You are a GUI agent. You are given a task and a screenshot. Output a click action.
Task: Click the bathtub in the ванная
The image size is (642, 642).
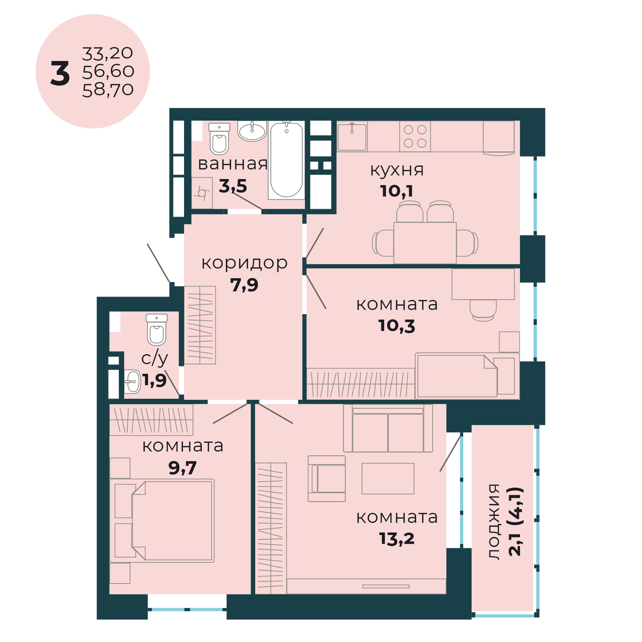287,160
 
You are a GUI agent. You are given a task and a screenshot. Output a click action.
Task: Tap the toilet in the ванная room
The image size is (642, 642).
219,139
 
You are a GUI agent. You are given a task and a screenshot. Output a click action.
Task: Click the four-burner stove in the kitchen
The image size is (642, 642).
415,136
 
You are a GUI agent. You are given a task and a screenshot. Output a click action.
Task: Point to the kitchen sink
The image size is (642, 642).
352,136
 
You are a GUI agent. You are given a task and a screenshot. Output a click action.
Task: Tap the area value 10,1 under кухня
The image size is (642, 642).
396,191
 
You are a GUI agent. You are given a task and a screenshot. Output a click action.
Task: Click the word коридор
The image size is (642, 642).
244,263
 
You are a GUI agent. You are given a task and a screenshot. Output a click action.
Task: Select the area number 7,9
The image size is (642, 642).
244,285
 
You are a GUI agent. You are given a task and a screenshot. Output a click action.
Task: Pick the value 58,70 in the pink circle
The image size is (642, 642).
108,90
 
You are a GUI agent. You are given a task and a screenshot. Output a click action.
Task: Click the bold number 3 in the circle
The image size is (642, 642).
60,74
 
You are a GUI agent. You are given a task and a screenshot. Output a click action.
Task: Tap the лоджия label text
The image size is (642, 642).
493,522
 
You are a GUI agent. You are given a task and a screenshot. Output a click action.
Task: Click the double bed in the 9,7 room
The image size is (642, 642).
162,521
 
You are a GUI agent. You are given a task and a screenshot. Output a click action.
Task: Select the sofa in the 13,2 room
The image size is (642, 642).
388,428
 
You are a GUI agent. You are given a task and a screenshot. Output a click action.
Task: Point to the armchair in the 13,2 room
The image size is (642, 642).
326,479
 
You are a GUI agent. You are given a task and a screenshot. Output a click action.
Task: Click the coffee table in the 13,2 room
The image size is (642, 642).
388,478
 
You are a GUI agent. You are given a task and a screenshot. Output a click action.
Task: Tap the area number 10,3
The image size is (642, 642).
396,326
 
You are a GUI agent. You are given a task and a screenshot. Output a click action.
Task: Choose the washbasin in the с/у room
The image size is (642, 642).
132,381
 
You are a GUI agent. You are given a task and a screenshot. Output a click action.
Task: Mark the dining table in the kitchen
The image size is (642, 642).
425,242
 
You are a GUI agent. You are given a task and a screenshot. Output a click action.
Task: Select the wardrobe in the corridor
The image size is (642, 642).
200,325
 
